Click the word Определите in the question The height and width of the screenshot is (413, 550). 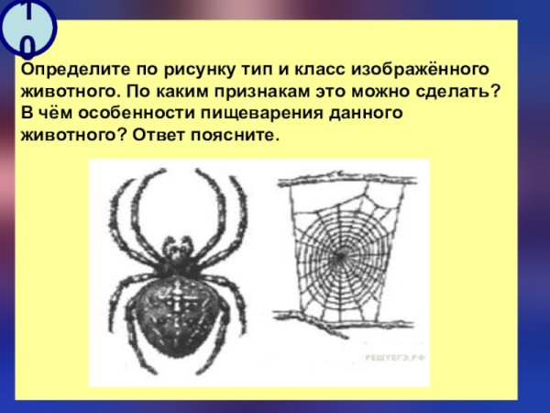pos(66,71)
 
